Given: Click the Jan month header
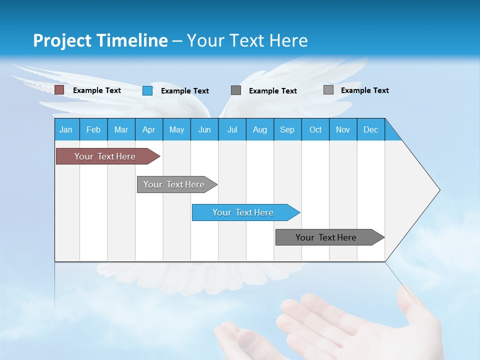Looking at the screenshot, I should click(x=66, y=129).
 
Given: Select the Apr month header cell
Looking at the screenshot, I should click(x=148, y=129).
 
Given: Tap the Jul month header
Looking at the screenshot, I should click(x=232, y=129).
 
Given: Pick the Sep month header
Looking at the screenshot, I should click(x=287, y=129).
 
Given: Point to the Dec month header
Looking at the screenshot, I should click(x=370, y=129).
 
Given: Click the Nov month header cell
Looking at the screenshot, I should click(x=342, y=129).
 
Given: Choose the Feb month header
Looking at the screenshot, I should click(x=93, y=129).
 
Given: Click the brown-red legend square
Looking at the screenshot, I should click(x=59, y=90).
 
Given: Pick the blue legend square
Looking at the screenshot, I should click(x=147, y=90).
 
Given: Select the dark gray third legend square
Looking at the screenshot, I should click(x=236, y=90).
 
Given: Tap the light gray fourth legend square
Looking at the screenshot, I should click(x=328, y=90).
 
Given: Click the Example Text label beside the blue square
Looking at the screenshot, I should click(x=184, y=91).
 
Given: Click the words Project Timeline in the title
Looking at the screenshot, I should click(x=100, y=40).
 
